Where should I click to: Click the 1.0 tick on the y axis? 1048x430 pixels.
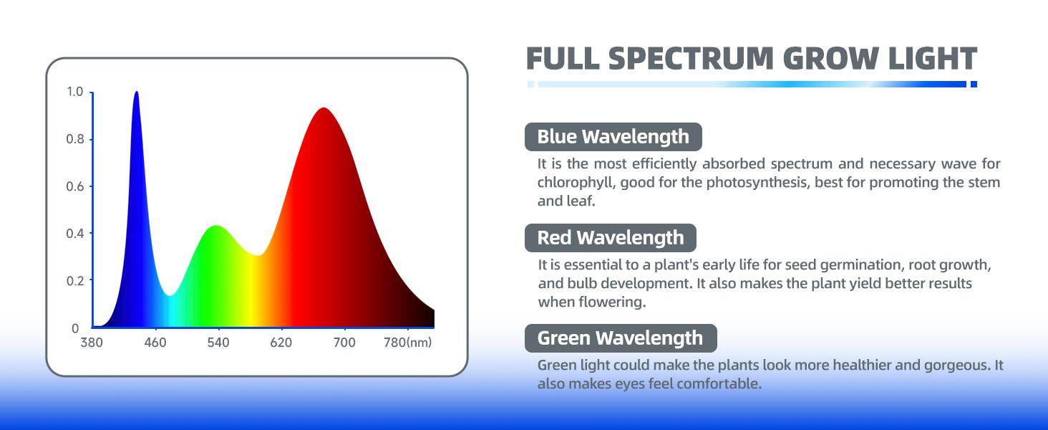pos(75,91)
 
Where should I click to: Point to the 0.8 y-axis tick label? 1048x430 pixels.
pos(75,139)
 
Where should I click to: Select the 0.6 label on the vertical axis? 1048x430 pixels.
pos(75,186)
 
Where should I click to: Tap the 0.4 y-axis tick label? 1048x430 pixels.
pos(75,233)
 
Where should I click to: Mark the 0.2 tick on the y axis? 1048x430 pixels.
pos(75,281)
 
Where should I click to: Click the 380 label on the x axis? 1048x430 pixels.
pos(92,343)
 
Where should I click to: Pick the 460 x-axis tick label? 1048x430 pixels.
pos(155,343)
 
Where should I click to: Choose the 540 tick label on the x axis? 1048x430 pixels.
pos(218,343)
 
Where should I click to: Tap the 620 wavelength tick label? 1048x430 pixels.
pos(281,343)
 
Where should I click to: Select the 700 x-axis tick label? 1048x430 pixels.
pos(344,343)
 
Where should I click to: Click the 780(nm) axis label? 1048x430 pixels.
pos(407,343)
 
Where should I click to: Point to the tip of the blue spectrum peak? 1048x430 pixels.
pos(136,92)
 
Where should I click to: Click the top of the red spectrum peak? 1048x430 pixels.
pos(324,108)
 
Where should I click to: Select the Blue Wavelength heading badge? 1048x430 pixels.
pos(613,137)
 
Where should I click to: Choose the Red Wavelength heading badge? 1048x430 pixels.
pos(611,238)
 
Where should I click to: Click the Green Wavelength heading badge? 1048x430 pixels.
pos(621,338)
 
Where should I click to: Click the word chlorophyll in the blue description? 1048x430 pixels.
pos(576,183)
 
